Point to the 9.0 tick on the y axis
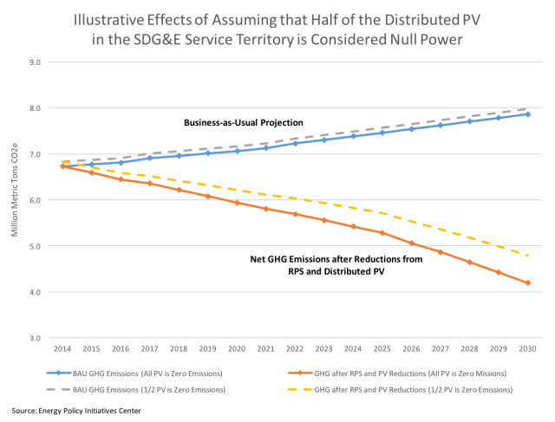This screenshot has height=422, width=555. tap(36, 62)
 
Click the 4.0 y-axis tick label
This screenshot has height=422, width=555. tap(36, 292)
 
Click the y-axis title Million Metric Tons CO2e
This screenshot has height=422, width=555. tap(15, 200)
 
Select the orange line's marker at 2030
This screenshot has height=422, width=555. tap(527, 283)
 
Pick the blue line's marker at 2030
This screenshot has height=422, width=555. tap(527, 114)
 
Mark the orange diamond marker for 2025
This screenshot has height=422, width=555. tap(382, 233)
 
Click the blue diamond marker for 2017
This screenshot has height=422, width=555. tap(150, 158)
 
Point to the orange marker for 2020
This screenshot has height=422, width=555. tap(237, 203)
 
